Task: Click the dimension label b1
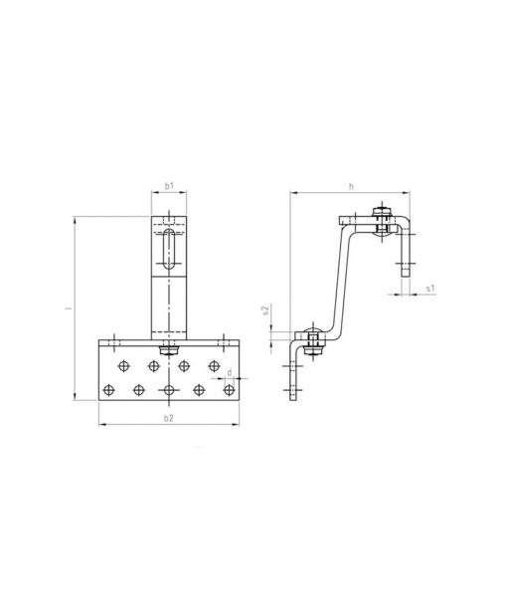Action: [169, 186]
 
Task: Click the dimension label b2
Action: [168, 418]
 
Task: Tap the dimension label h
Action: [351, 186]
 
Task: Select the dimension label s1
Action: [430, 289]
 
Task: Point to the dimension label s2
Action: [265, 309]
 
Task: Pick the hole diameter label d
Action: [230, 372]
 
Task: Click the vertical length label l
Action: [70, 308]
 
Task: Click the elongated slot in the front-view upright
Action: [169, 249]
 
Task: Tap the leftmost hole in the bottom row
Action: [109, 389]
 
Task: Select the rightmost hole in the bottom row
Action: [230, 389]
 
